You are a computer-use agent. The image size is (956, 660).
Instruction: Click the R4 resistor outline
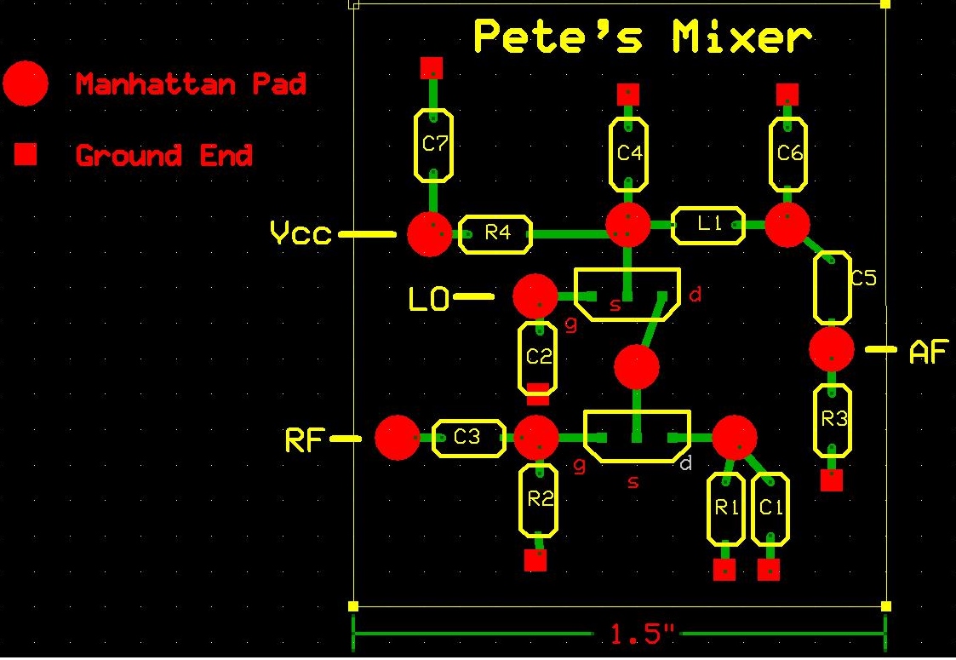(495, 233)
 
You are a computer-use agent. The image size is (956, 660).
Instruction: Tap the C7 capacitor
(433, 145)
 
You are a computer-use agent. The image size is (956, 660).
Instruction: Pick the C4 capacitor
(628, 154)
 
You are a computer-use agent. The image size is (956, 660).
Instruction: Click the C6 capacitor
(789, 154)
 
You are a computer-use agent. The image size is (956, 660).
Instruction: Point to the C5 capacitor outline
(832, 288)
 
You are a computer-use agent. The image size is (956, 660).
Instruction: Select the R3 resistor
(833, 420)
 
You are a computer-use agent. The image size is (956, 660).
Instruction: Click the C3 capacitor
(467, 438)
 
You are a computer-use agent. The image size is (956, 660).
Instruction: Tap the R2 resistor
(539, 500)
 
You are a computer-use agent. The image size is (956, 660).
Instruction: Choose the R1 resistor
(724, 508)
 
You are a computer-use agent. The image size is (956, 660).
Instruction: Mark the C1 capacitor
(770, 508)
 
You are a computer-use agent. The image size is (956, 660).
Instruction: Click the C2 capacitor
(537, 358)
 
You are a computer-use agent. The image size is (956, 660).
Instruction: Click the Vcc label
(300, 232)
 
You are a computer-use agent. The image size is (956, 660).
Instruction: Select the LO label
(429, 299)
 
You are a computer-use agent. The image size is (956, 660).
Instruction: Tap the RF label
(304, 440)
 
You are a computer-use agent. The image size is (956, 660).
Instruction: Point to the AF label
(928, 352)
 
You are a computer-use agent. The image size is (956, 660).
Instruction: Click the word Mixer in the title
(741, 37)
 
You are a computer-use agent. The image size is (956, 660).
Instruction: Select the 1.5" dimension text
(641, 634)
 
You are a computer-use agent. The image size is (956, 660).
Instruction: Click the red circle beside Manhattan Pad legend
(26, 83)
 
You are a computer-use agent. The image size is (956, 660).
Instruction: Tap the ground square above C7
(432, 67)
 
